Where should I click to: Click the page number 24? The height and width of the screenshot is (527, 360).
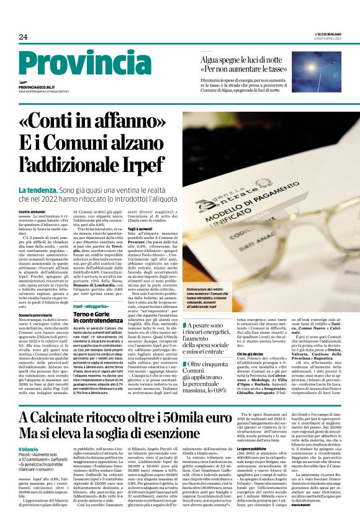pos(23,37)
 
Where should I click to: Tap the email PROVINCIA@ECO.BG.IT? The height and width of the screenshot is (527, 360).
pos(37,88)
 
